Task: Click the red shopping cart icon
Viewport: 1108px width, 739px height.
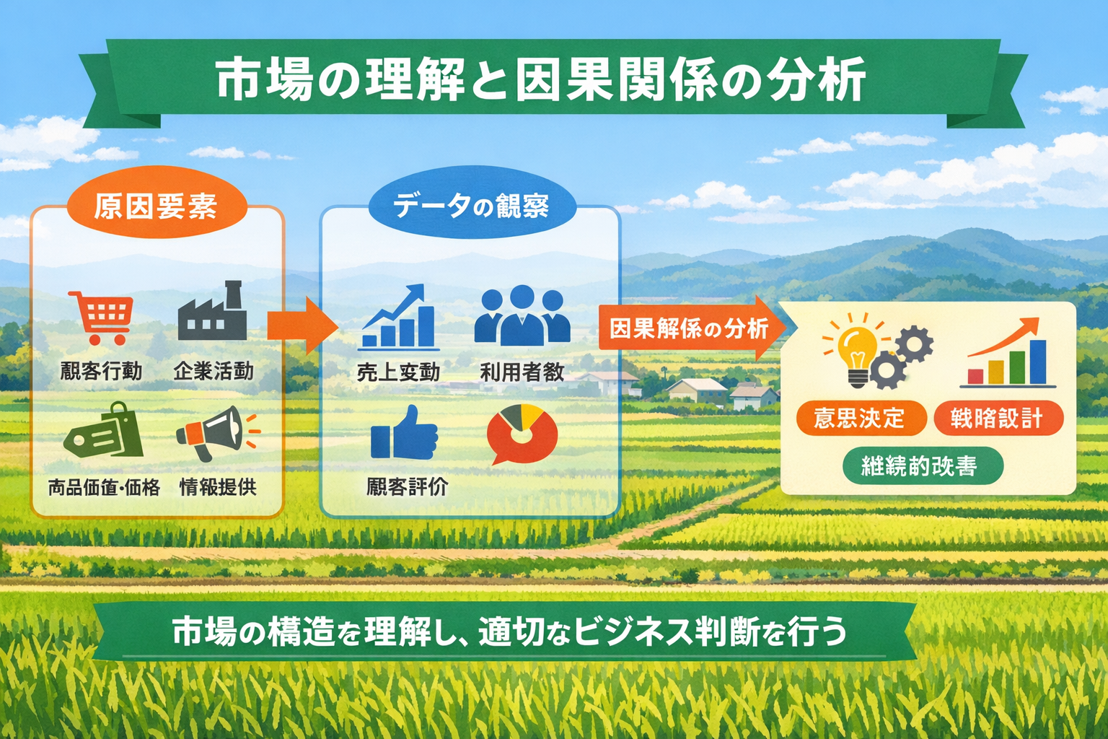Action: click(102, 317)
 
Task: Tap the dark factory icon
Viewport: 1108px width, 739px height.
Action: click(212, 312)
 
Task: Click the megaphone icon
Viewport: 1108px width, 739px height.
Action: click(215, 432)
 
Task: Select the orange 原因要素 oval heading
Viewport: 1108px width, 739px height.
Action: click(156, 206)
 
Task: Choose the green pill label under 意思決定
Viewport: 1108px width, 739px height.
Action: click(922, 465)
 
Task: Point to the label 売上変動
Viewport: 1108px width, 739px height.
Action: click(398, 372)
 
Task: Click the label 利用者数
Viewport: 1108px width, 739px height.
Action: click(522, 372)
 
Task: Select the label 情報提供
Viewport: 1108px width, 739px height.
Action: click(218, 487)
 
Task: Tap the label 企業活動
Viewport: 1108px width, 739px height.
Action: click(214, 371)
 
